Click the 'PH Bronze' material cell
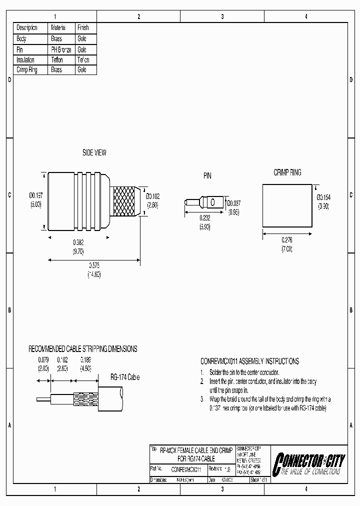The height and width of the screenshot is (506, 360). pos(61,49)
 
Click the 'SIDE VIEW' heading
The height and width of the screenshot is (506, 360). pos(94,153)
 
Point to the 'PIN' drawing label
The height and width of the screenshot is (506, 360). pos(207,176)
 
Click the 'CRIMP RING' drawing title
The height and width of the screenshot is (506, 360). pos(287,172)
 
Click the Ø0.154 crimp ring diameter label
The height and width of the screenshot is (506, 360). pos(323,197)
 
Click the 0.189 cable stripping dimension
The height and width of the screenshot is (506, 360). pos(85,359)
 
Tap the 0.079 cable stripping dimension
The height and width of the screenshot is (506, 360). pos(43,359)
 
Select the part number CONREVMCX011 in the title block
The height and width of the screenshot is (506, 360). pos(186,469)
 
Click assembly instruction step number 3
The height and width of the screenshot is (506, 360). pos(202,399)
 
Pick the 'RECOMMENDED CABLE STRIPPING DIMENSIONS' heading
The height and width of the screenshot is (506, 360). pos(82,349)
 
